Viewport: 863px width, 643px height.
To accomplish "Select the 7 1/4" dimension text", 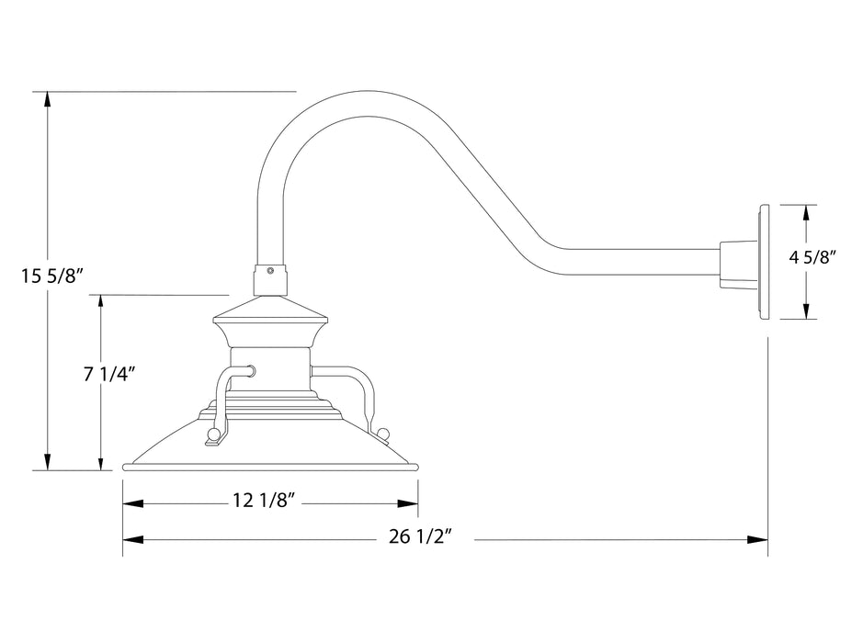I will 109,373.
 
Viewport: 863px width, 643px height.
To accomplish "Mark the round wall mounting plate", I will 763,261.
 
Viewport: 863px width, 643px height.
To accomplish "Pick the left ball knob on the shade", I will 214,434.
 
